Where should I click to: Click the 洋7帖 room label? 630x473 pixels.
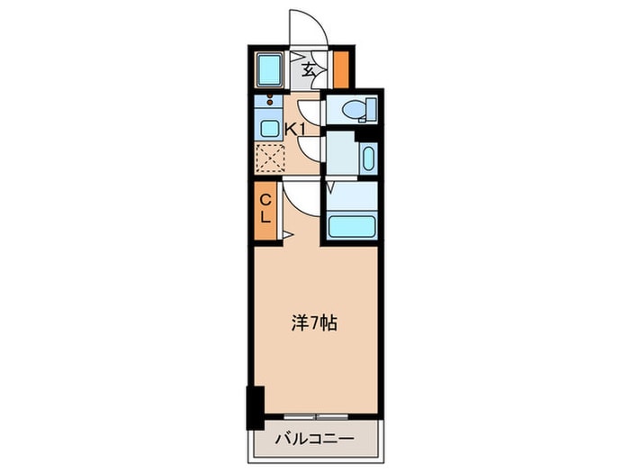[x=314, y=323]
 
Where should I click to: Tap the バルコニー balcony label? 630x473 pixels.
[x=315, y=438]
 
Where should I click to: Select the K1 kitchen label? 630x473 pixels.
[x=296, y=130]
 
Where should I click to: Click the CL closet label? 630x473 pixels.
[x=265, y=209]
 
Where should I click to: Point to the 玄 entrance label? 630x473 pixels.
[x=309, y=70]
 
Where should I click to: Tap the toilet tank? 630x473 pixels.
[x=371, y=109]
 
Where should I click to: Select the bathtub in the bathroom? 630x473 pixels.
[x=352, y=227]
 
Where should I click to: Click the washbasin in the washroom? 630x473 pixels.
[x=368, y=158]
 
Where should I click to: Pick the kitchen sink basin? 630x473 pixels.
[x=269, y=129]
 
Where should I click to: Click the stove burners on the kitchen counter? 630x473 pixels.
[x=270, y=100]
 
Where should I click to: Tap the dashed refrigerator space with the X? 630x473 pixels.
[x=270, y=158]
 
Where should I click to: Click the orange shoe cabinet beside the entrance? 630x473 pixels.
[x=341, y=69]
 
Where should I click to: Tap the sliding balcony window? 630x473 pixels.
[x=316, y=416]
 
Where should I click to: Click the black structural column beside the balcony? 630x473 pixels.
[x=255, y=408]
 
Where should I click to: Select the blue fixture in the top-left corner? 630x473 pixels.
[x=269, y=70]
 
